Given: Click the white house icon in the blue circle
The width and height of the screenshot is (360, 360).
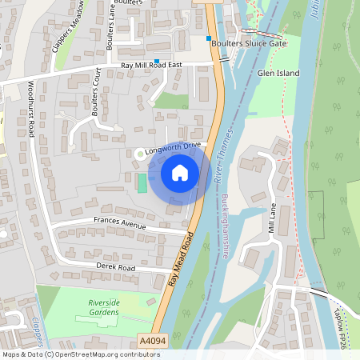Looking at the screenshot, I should click(180, 172).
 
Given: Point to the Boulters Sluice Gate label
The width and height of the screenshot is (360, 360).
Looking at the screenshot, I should click(249, 44).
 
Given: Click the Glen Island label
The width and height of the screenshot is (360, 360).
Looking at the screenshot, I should click(278, 73).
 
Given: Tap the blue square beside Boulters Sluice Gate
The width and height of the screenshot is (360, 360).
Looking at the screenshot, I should click(209, 38).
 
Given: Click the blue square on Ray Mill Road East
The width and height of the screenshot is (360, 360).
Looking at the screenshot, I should click(158, 61).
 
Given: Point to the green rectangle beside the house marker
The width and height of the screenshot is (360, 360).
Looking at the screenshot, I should click(142, 183).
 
